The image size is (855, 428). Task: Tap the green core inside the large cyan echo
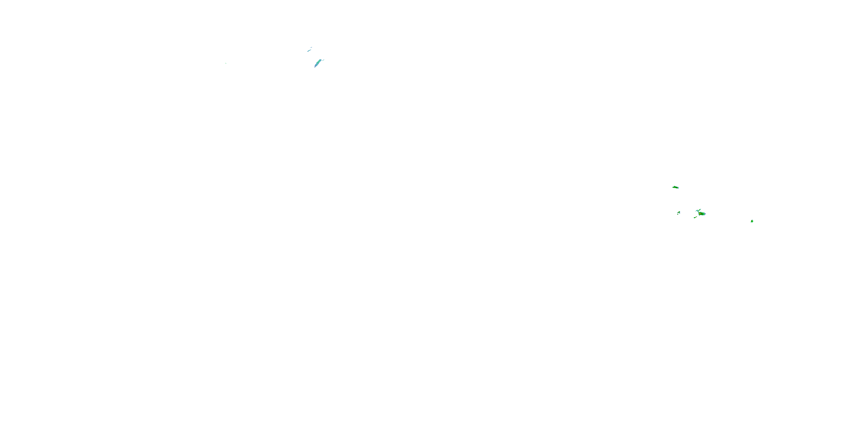coord(318,62)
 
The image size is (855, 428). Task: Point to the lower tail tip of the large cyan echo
coord(315,67)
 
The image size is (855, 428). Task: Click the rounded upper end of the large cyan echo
coord(320,60)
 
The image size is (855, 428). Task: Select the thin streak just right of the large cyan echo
coord(323,60)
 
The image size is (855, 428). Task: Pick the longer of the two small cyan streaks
coord(309,51)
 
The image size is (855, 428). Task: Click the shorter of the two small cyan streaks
coord(311,48)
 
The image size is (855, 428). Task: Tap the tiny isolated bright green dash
coord(226,63)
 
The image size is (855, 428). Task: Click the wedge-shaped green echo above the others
coord(675,187)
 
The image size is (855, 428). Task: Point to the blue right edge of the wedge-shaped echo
coord(678,188)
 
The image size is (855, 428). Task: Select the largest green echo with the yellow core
coord(702,214)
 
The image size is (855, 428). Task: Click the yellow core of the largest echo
coord(700,214)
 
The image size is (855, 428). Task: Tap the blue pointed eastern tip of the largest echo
coord(706,214)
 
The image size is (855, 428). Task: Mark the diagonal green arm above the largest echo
coord(699,210)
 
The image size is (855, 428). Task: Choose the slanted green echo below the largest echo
coord(695,217)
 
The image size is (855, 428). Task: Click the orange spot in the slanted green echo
coord(696,217)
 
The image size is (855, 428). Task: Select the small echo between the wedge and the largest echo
coord(679,212)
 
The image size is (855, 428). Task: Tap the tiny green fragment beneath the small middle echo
coord(678,214)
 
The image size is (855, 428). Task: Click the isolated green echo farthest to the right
coord(752,221)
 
